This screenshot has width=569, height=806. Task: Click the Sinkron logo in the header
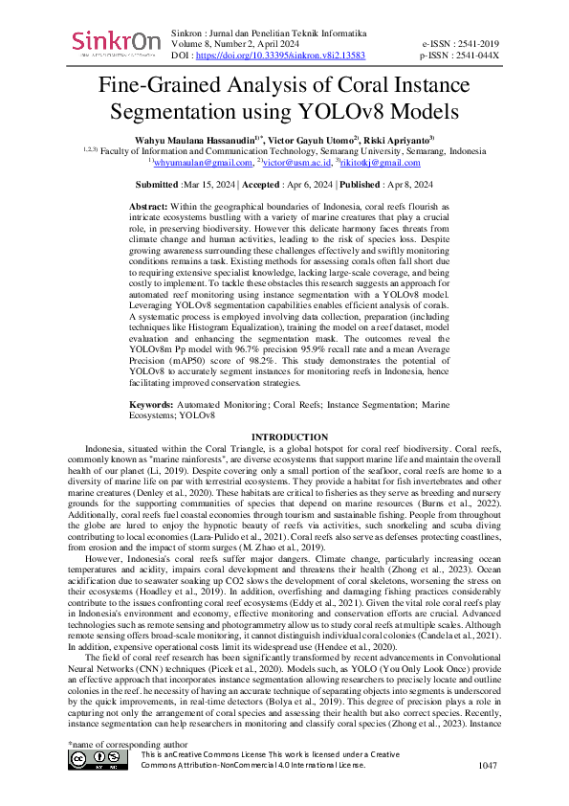[x=116, y=44]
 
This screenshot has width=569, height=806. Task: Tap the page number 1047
[x=489, y=766]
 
